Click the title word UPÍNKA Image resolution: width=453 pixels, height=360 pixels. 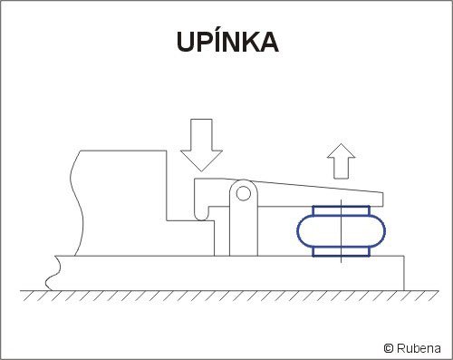point(227,41)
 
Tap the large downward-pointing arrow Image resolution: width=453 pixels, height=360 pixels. point(201,145)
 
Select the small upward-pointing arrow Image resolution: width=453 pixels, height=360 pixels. point(341,161)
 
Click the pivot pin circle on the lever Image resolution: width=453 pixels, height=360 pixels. point(244,193)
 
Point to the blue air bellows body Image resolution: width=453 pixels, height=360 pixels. point(342,231)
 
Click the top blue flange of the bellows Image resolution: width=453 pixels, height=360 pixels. point(342,210)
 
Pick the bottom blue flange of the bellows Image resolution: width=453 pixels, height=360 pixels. point(342,251)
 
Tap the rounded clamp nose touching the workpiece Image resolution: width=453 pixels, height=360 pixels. point(201,215)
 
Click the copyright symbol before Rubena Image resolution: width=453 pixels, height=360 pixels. point(389,348)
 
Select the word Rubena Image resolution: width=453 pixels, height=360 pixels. point(419,348)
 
